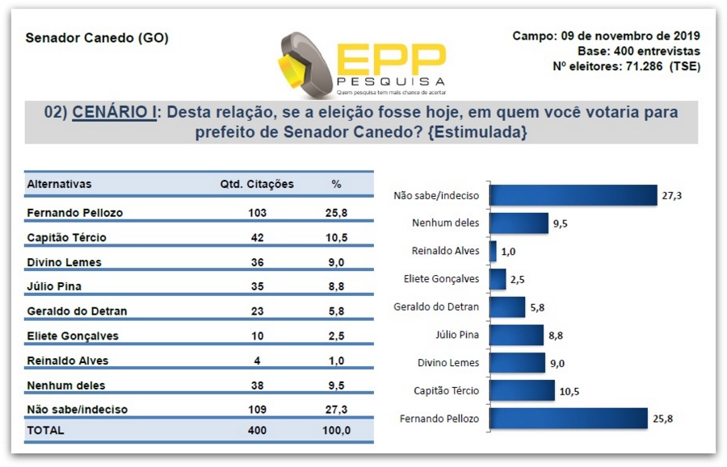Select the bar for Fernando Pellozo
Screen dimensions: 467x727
pos(569,419)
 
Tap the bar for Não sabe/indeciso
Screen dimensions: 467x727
pos(574,195)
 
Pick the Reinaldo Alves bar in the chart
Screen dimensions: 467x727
pos(494,251)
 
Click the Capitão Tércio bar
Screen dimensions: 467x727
pos(523,391)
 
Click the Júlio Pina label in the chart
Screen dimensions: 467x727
pos(457,335)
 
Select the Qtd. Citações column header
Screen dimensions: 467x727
pos(257,184)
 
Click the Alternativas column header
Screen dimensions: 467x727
pos(60,184)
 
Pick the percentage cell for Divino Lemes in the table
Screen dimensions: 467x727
pos(336,261)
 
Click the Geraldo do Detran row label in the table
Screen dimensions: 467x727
pos(77,311)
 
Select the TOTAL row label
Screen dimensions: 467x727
pos(45,430)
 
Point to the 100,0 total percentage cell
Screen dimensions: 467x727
pos(336,430)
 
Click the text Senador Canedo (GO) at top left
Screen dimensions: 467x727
pos(97,38)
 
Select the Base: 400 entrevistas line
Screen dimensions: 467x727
pos(638,51)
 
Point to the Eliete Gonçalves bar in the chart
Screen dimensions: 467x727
pos(498,279)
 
